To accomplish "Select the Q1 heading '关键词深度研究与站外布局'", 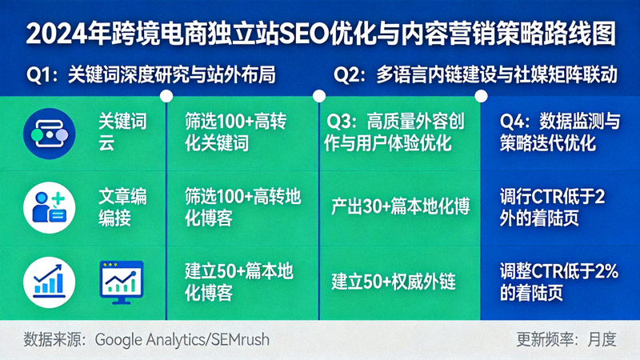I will [x=172, y=76].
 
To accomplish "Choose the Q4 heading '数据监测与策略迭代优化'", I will [x=560, y=132].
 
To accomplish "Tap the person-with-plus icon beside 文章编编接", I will [x=50, y=205].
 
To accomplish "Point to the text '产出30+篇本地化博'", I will [x=400, y=206].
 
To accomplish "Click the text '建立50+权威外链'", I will [x=393, y=282].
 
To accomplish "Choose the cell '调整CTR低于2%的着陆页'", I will [x=559, y=282].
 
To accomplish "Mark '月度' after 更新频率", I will [x=601, y=339].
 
